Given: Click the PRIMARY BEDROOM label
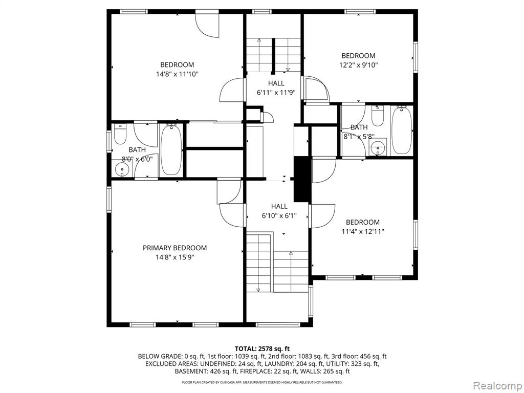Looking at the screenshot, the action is pyautogui.click(x=175, y=248).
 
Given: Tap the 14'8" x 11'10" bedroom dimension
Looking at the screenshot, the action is pyautogui.click(x=177, y=74).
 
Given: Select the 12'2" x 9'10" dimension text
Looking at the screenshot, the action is pyautogui.click(x=359, y=65).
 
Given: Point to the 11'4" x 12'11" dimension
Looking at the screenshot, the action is pyautogui.click(x=363, y=231).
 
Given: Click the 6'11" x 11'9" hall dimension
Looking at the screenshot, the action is pyautogui.click(x=276, y=93).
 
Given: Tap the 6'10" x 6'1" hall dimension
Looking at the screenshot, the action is pyautogui.click(x=279, y=216).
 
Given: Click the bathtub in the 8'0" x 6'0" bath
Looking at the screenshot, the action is pyautogui.click(x=171, y=149).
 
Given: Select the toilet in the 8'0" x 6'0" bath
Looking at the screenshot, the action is pyautogui.click(x=120, y=134).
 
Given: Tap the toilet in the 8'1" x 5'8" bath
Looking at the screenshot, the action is pyautogui.click(x=378, y=116).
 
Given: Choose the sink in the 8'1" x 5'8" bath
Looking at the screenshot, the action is pyautogui.click(x=378, y=147).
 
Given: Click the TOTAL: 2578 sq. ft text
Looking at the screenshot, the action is pyautogui.click(x=262, y=349).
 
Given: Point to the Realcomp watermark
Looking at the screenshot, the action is pyautogui.click(x=497, y=386).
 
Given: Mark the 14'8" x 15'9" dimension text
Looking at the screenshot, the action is pyautogui.click(x=175, y=257).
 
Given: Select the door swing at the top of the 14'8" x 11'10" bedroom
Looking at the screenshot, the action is pyautogui.click(x=207, y=25).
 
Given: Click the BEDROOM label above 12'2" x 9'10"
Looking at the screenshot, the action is pyautogui.click(x=358, y=56).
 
